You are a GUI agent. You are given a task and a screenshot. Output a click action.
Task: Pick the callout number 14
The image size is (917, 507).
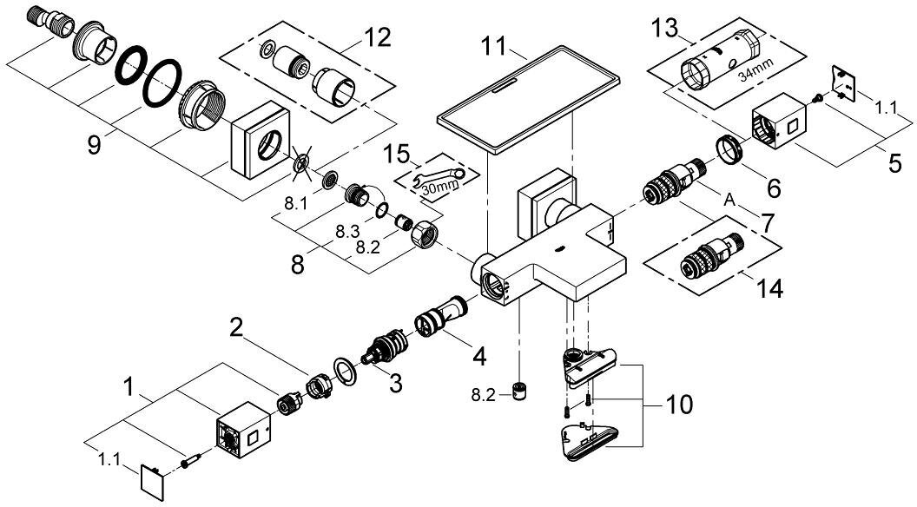[764, 287]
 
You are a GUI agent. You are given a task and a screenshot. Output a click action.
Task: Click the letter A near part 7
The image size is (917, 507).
[730, 199]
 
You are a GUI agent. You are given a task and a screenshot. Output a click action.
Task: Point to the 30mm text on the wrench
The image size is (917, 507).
[439, 184]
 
